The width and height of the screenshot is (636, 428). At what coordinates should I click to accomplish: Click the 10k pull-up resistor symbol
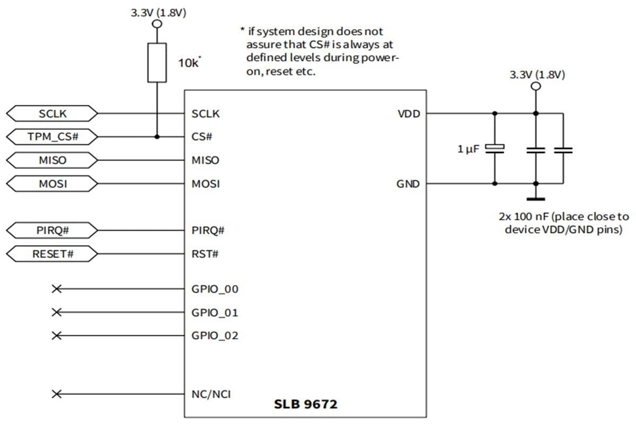point(157,63)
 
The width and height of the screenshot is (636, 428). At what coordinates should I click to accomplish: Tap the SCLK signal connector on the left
point(52,113)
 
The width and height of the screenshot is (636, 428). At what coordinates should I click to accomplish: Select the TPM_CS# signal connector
point(52,137)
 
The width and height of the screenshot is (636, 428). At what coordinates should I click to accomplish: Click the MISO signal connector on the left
point(52,160)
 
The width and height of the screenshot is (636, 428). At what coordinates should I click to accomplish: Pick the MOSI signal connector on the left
point(52,184)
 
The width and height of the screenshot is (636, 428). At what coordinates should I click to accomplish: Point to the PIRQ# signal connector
point(52,230)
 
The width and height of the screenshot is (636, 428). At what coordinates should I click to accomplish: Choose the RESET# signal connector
point(52,254)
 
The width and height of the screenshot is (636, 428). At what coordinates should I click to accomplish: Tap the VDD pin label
point(409,113)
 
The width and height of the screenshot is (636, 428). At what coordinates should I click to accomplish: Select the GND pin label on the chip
point(408,184)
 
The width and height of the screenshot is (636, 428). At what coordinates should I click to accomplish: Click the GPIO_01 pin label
point(215,313)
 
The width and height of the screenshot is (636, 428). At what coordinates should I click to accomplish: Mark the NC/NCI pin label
point(211,394)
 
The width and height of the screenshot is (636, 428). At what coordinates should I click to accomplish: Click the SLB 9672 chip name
point(305,405)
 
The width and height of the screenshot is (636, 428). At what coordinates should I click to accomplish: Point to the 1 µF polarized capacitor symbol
point(494,149)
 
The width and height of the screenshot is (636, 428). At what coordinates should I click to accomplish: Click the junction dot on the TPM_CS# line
point(157,137)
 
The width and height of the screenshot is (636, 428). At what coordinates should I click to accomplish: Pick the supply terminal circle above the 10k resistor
point(157,24)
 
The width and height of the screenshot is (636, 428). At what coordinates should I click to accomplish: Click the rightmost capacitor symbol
point(562,150)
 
